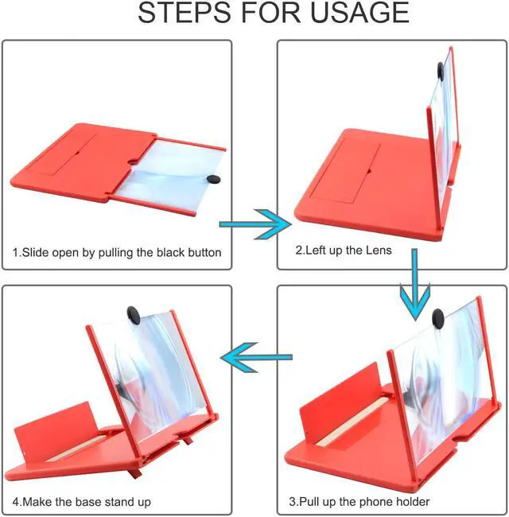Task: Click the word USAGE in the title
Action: (x=359, y=13)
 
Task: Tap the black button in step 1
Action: (x=213, y=179)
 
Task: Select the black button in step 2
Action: (x=441, y=71)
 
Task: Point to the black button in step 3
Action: (x=437, y=319)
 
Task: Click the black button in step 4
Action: (x=133, y=316)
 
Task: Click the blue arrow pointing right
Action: (x=255, y=224)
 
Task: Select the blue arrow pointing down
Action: (x=415, y=284)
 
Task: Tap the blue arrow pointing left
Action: (x=256, y=357)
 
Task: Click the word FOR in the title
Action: (x=270, y=13)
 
